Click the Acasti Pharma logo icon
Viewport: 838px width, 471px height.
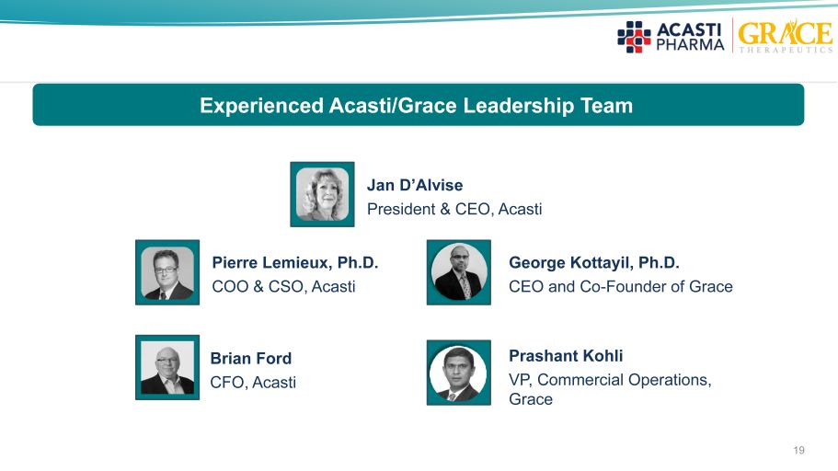pos(634,37)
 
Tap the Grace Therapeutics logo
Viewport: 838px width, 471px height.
pos(785,36)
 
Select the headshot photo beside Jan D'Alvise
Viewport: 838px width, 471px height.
pos(322,195)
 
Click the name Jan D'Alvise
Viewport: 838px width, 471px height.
pos(415,185)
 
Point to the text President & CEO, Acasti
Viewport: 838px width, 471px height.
pos(454,209)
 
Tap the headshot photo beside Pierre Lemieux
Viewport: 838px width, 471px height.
pos(167,272)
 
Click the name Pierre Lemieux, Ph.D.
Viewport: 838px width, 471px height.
pos(295,262)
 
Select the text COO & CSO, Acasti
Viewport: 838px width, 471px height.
pos(284,287)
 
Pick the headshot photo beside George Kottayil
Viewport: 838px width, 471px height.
pos(458,272)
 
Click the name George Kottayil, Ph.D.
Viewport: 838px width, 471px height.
pos(593,262)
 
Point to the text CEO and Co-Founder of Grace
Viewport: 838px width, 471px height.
pos(621,287)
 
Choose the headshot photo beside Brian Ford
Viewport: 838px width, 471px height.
pos(167,367)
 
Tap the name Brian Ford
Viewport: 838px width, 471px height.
pos(250,358)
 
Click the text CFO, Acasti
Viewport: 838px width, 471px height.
pos(253,383)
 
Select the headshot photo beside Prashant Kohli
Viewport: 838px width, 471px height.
pos(458,373)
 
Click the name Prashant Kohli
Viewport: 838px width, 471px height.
pos(566,355)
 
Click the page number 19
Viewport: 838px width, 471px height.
pos(799,450)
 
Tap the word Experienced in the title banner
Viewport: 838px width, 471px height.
pos(261,105)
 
